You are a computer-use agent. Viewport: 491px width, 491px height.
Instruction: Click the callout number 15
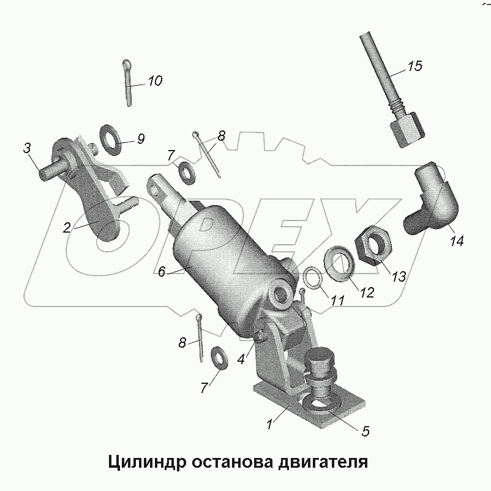(x=414, y=67)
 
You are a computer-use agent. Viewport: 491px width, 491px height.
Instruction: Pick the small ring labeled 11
(x=313, y=279)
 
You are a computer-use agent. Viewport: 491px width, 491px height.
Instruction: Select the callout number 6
(x=162, y=271)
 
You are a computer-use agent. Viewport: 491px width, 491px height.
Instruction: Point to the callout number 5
(x=365, y=430)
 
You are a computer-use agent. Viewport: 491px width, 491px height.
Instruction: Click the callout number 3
(x=27, y=148)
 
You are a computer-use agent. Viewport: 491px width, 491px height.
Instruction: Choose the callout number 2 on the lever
(x=67, y=227)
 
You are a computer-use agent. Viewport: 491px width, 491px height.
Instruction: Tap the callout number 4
(x=242, y=360)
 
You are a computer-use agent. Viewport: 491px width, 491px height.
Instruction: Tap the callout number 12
(x=366, y=293)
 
